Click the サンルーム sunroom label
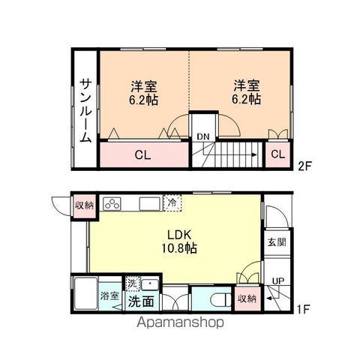[85, 111]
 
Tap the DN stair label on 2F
[202, 136]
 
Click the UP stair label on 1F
[278, 281]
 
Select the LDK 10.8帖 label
[179, 241]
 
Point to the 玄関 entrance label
[277, 242]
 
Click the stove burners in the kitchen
[112, 203]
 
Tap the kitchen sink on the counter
[149, 203]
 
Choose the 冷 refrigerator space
[172, 203]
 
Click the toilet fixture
[221, 299]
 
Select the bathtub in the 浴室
[85, 293]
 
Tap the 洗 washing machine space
[132, 283]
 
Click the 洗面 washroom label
[141, 301]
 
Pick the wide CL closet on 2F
[144, 154]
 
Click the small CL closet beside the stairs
[277, 154]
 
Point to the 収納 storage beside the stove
[84, 205]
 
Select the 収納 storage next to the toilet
[247, 298]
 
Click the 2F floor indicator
[305, 166]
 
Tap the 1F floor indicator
[304, 309]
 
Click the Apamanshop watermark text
[180, 322]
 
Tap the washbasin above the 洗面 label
[150, 284]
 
